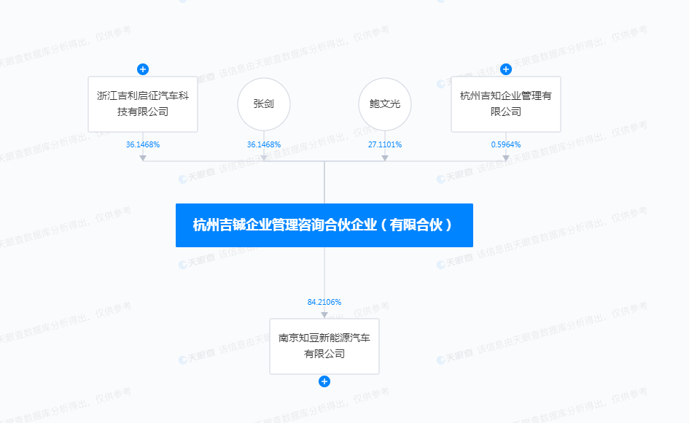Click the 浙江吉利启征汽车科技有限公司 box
143,104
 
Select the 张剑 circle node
264,104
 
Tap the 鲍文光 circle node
385,104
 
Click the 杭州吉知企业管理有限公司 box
505,104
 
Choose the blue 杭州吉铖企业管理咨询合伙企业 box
324,225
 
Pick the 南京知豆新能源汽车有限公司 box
324,346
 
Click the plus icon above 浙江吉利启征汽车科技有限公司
143,69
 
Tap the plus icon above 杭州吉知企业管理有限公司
506,69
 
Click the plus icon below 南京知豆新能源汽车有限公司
324,381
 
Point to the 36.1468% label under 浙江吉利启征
143,144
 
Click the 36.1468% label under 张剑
264,144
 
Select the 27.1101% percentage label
385,144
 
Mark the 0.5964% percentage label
506,144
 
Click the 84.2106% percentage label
324,302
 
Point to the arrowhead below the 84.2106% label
324,314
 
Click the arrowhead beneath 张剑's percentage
264,156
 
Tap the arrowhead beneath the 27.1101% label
385,156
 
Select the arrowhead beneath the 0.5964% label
506,156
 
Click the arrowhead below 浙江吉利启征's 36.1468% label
143,156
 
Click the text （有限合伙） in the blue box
421,225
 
